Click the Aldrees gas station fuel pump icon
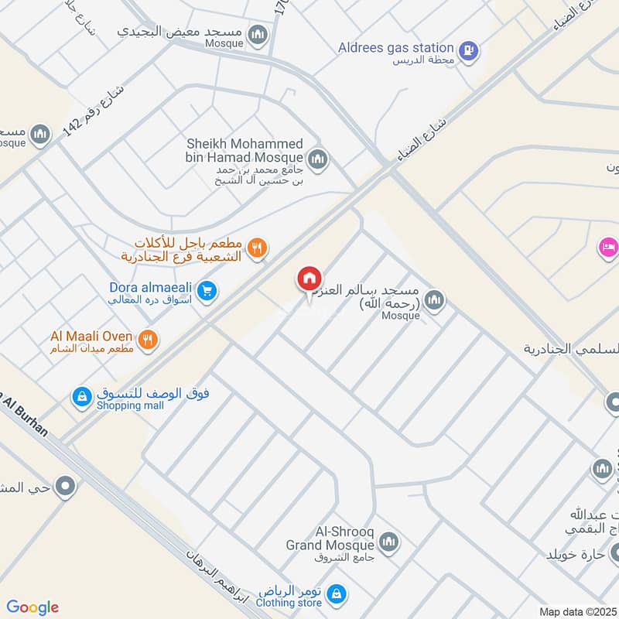[x=469, y=52]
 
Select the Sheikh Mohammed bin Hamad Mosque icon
[x=318, y=160]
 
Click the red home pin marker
[x=309, y=279]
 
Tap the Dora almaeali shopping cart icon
[x=207, y=291]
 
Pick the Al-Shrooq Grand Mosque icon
[x=389, y=541]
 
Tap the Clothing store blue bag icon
[x=336, y=594]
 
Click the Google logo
[x=32, y=607]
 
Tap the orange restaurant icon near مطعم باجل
[x=258, y=248]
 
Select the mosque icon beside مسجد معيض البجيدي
[x=258, y=35]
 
